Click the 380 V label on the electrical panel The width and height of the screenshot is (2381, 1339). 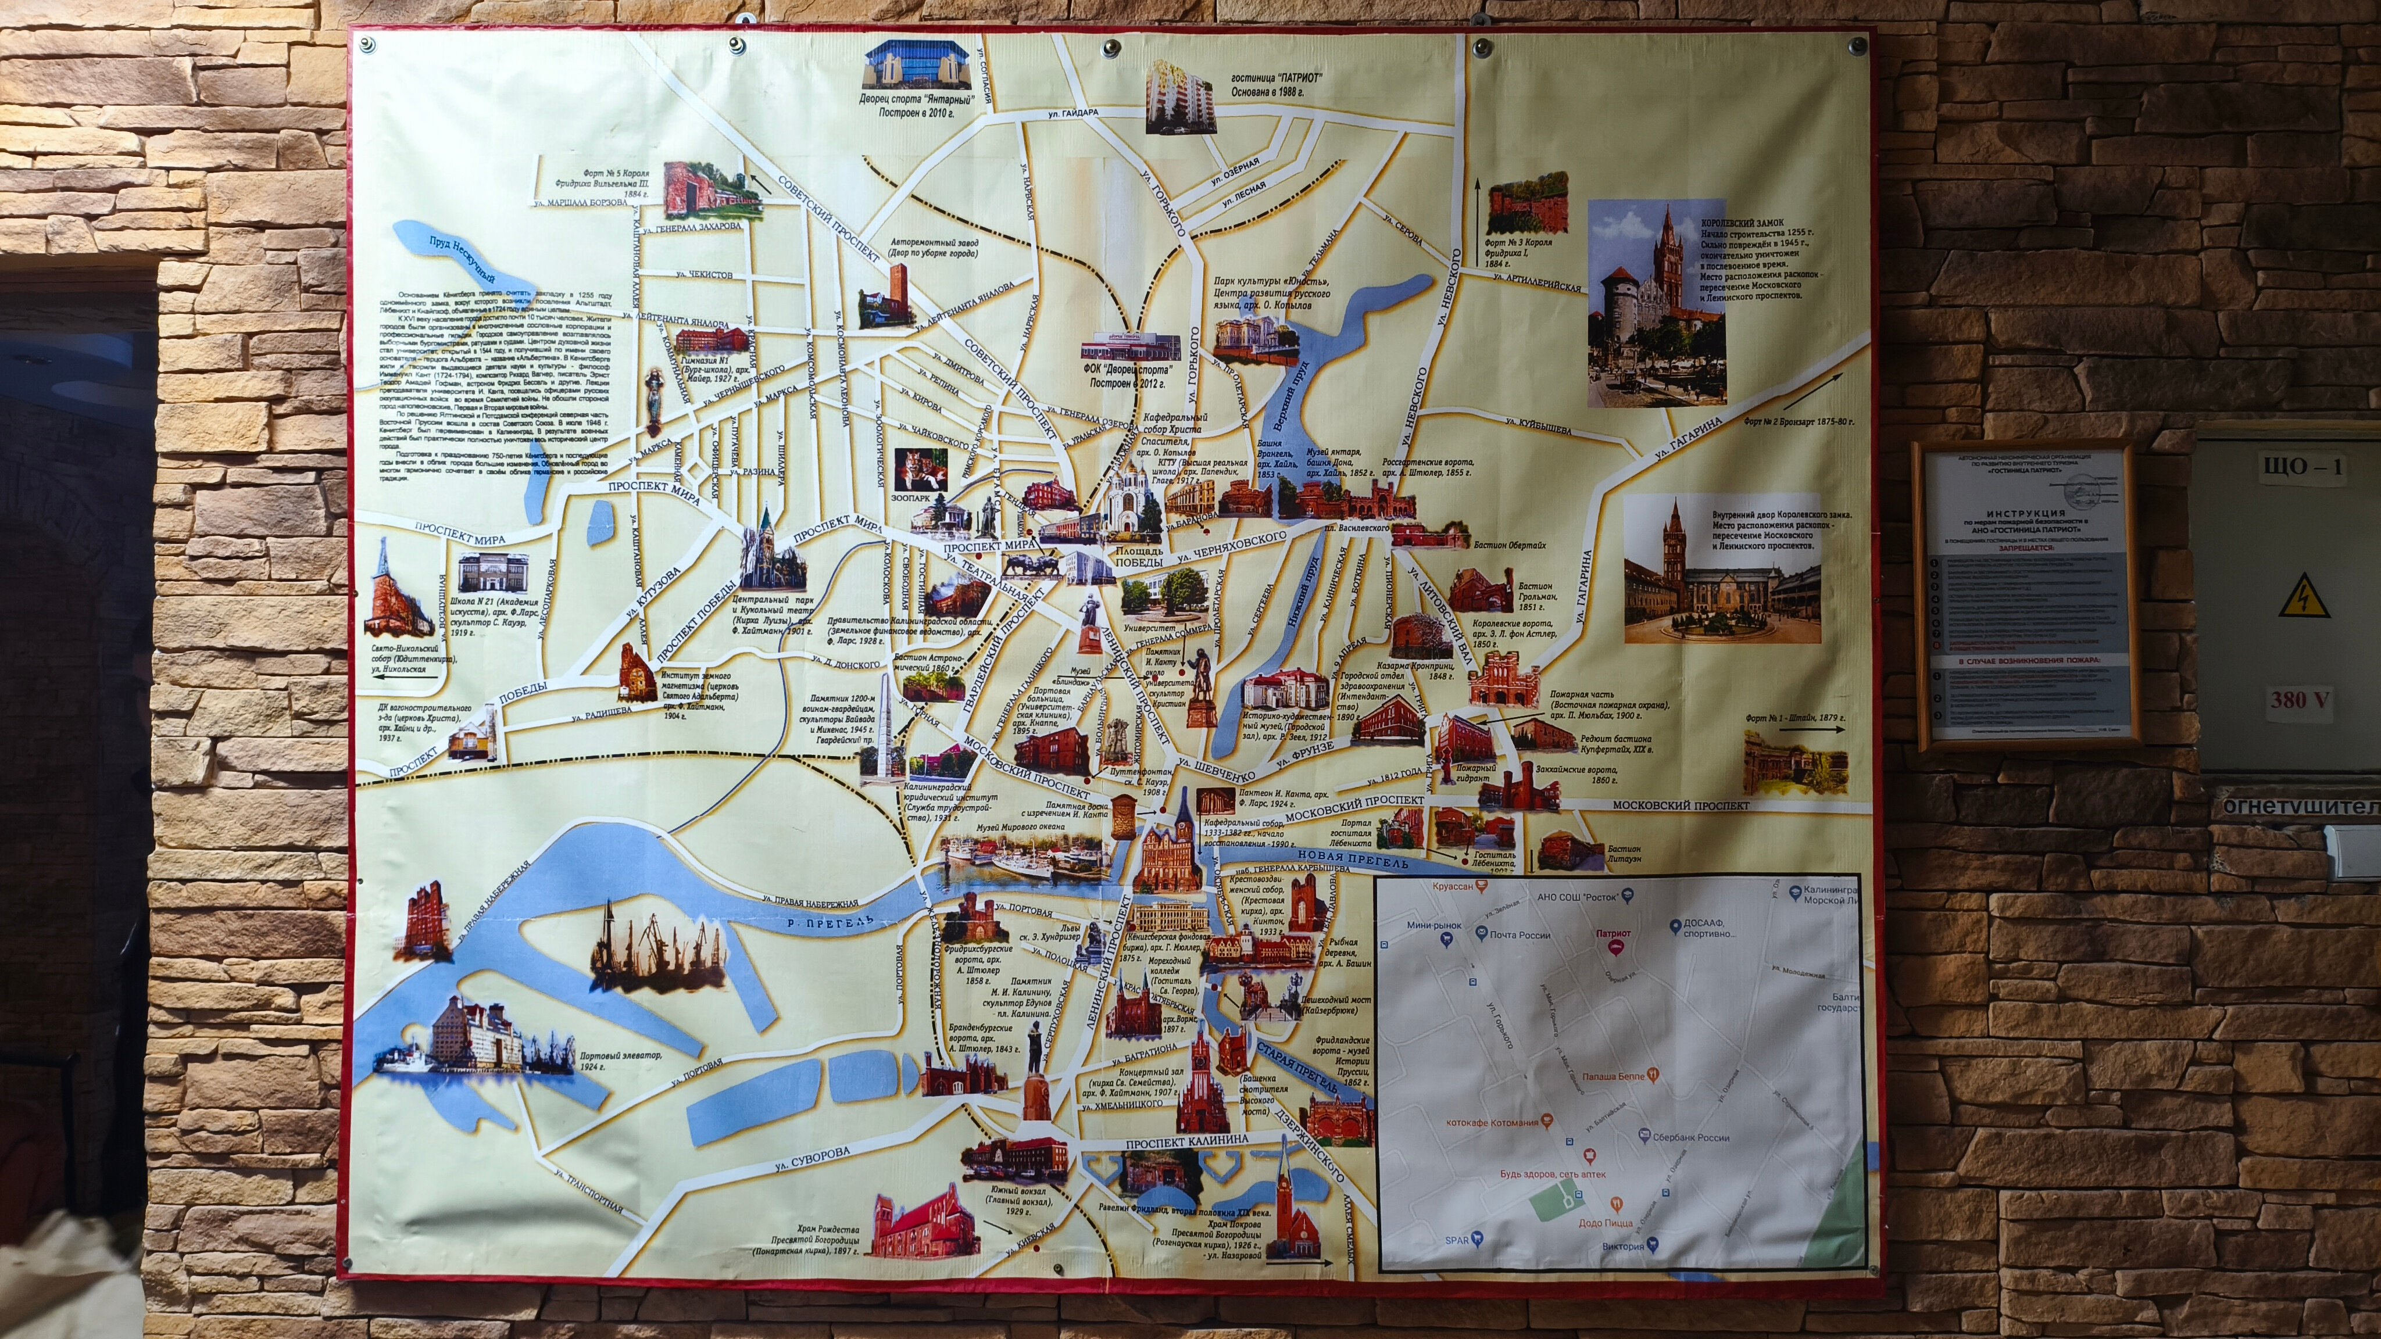point(2300,700)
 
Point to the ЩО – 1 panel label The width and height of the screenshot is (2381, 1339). point(2301,467)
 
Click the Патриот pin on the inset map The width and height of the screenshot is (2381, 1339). point(1614,944)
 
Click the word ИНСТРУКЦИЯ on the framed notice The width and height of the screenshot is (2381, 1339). point(2025,513)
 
